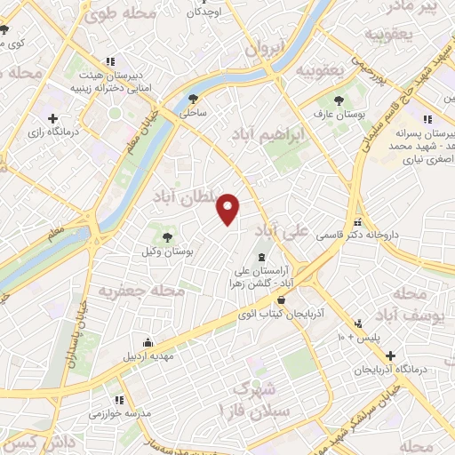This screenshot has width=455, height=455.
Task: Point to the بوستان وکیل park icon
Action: tap(166, 235)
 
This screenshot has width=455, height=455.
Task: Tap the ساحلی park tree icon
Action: tap(195, 99)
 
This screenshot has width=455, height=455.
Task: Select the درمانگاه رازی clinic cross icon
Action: tap(53, 117)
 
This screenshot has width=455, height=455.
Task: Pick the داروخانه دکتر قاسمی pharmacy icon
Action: tap(358, 222)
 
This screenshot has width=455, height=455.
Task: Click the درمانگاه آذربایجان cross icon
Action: tap(390, 355)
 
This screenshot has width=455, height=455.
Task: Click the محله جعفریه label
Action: tap(141, 291)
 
